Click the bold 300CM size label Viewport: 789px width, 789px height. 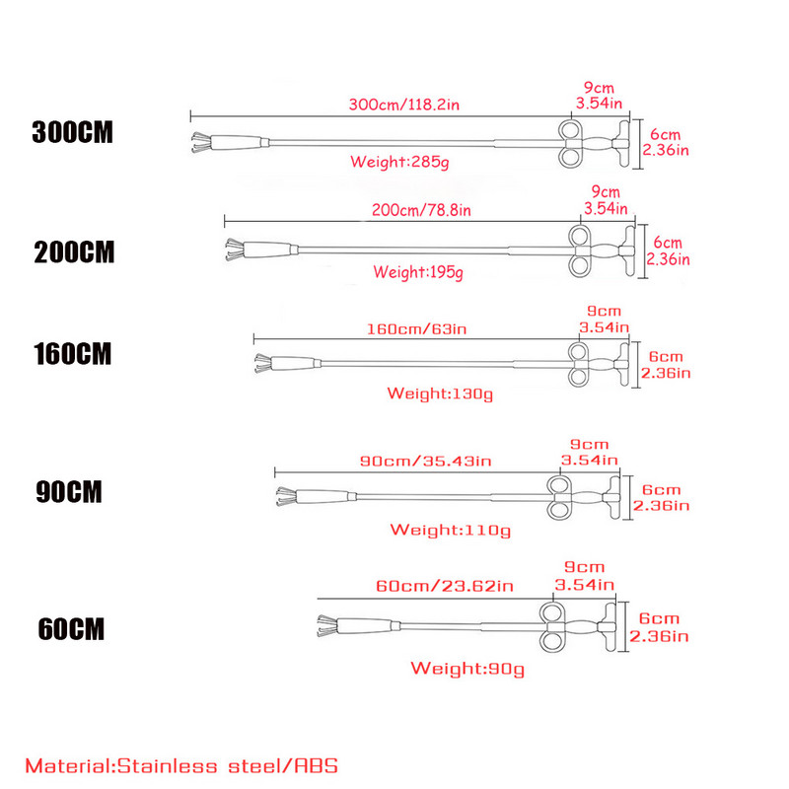pos(73,133)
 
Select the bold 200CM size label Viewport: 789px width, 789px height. pos(74,252)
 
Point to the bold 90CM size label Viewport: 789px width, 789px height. pos(70,492)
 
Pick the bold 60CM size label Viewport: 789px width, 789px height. pos(70,628)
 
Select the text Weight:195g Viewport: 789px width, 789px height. pos(418,271)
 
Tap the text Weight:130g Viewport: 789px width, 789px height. pos(440,394)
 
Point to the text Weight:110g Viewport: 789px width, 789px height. pos(450,530)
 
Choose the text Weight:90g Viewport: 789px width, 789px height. pos(467,669)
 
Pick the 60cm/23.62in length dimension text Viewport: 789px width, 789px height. pos(445,586)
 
